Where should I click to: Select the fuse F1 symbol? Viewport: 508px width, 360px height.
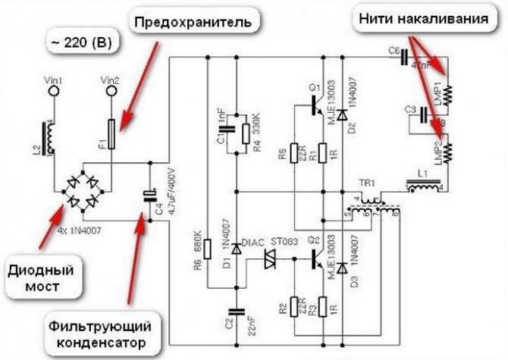pos(111,133)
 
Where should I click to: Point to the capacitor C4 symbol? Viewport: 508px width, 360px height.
pos(150,196)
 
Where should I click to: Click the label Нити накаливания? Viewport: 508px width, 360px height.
pos(424,19)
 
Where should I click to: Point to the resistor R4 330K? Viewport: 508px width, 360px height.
pos(246,133)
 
